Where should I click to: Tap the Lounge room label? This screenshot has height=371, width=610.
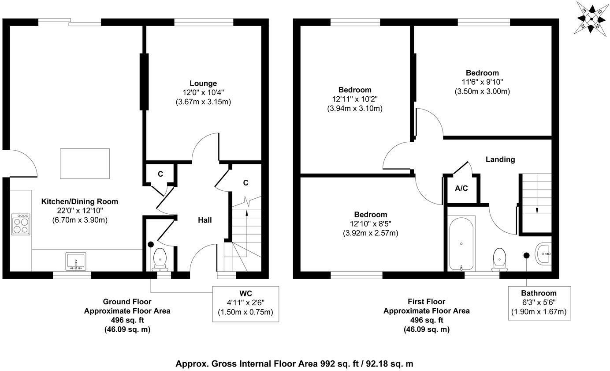click(203, 83)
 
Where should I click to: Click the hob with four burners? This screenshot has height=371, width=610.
click(21, 224)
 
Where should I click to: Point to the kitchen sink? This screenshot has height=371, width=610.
click(76, 261)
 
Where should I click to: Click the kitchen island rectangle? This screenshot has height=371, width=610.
click(85, 164)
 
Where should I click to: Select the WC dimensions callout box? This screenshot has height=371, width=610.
click(245, 303)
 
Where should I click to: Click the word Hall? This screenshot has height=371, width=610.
click(205, 220)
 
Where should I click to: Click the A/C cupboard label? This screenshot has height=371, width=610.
click(461, 189)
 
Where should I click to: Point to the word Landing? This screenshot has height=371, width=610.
click(500, 159)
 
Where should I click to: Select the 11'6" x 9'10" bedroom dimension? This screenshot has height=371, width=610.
click(482, 82)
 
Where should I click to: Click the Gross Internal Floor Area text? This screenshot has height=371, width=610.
click(294, 364)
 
